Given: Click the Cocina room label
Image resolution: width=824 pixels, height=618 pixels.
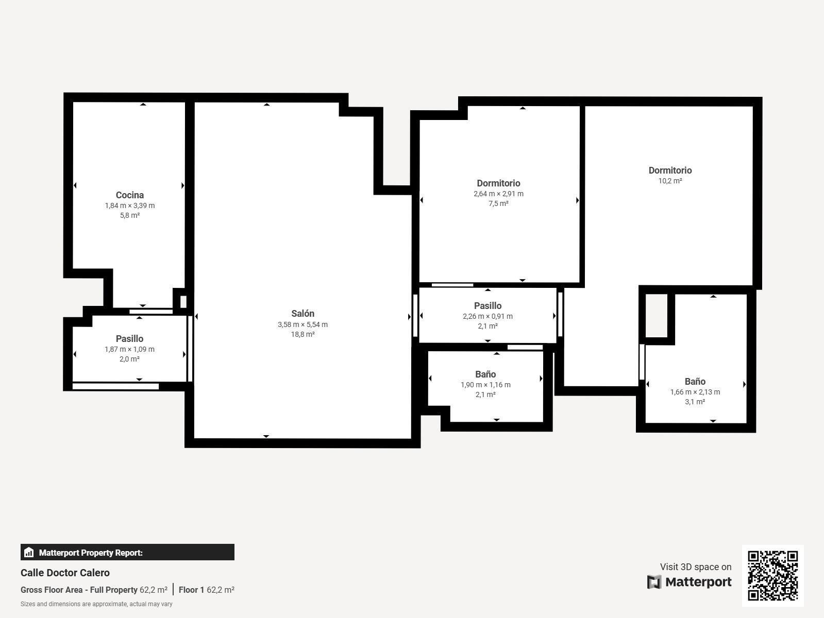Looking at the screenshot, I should (x=130, y=195).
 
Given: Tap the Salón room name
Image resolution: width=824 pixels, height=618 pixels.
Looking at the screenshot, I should (x=302, y=314).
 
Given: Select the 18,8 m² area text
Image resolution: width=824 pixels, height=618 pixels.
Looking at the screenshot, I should (x=302, y=334).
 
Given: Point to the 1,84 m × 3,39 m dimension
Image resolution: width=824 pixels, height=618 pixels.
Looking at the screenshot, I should (x=130, y=205).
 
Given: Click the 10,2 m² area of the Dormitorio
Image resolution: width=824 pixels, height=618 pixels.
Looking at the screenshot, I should (x=670, y=181).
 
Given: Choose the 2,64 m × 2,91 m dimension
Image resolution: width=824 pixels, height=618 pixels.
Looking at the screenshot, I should (x=498, y=194).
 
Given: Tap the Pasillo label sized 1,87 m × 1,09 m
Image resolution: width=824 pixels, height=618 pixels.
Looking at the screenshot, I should (x=129, y=339).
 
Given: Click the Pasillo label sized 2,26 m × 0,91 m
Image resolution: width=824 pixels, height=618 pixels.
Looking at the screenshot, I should (x=487, y=306).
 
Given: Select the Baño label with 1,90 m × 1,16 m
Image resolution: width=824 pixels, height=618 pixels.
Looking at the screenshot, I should (x=485, y=374).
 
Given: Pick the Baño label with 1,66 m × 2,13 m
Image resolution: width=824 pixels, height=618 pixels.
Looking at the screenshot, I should (x=695, y=382).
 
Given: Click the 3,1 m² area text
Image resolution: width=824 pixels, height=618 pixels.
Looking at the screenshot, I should (x=695, y=402).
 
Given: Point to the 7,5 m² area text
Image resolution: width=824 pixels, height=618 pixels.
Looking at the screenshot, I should (x=498, y=203).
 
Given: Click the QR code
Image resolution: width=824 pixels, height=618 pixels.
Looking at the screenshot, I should (x=772, y=575).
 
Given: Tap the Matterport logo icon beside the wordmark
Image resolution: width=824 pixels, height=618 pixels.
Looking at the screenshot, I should (x=654, y=582).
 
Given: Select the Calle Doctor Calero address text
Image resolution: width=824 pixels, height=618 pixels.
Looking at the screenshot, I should (x=65, y=573).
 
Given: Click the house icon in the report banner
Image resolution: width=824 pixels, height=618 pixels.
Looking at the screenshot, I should (x=29, y=553).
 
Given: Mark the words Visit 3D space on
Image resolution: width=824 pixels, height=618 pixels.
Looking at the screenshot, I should (x=695, y=566).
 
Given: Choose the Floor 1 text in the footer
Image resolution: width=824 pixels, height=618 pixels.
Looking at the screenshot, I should (x=191, y=590).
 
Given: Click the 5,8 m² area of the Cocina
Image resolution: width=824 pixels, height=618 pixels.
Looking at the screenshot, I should (x=130, y=215).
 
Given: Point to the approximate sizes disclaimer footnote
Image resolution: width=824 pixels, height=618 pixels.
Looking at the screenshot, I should (x=96, y=604).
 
